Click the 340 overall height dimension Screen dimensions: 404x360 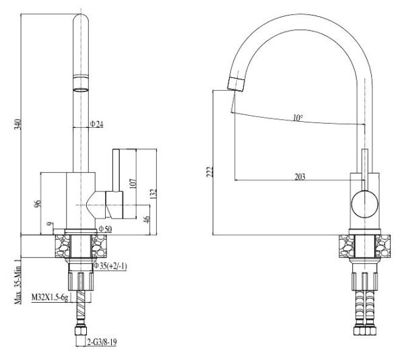click(18, 124)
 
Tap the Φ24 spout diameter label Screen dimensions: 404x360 click(96, 124)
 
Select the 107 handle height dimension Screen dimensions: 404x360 click(133, 184)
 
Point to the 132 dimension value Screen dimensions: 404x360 click(154, 194)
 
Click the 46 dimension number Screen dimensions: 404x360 click(146, 219)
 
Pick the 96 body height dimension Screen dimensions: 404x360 click(38, 204)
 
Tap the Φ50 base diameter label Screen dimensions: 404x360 click(105, 229)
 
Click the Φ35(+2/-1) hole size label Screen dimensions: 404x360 click(110, 266)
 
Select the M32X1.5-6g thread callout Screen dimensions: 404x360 click(50, 297)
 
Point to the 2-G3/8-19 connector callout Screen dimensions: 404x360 click(102, 343)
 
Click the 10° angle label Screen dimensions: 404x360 click(298, 118)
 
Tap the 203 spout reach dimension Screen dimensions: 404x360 click(300, 177)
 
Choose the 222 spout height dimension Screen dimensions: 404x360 click(210, 172)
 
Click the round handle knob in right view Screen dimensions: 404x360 click(365, 204)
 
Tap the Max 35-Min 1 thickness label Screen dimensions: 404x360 click(18, 281)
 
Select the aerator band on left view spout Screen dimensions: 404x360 click(81, 83)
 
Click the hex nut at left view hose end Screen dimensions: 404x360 click(81, 330)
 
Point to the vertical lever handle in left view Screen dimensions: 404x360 click(116, 170)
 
